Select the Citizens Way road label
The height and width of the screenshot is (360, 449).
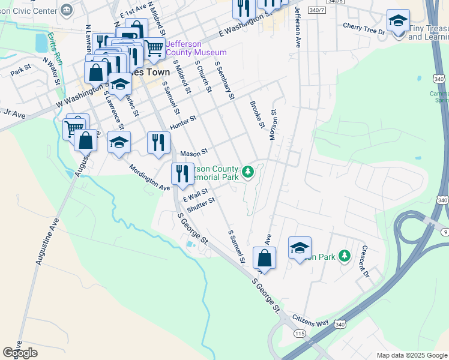(310, 323)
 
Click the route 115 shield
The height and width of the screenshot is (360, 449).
(300, 333)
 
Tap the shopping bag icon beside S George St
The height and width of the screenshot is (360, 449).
(264, 259)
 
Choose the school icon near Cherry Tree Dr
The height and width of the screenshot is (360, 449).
(398, 22)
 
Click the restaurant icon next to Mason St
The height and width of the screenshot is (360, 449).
(158, 143)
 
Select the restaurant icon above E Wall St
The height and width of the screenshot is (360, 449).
(182, 173)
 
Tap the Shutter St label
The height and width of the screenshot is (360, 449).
(200, 205)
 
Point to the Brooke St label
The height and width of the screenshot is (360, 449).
(257, 114)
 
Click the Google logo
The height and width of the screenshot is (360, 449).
(20, 353)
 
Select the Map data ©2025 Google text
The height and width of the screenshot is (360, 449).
(412, 355)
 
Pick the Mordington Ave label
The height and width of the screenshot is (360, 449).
(149, 178)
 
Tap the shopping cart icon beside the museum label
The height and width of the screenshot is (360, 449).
(154, 47)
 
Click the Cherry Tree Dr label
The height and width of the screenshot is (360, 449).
(363, 27)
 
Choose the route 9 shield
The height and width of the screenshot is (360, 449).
(444, 231)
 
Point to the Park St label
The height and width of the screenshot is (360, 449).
(20, 71)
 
